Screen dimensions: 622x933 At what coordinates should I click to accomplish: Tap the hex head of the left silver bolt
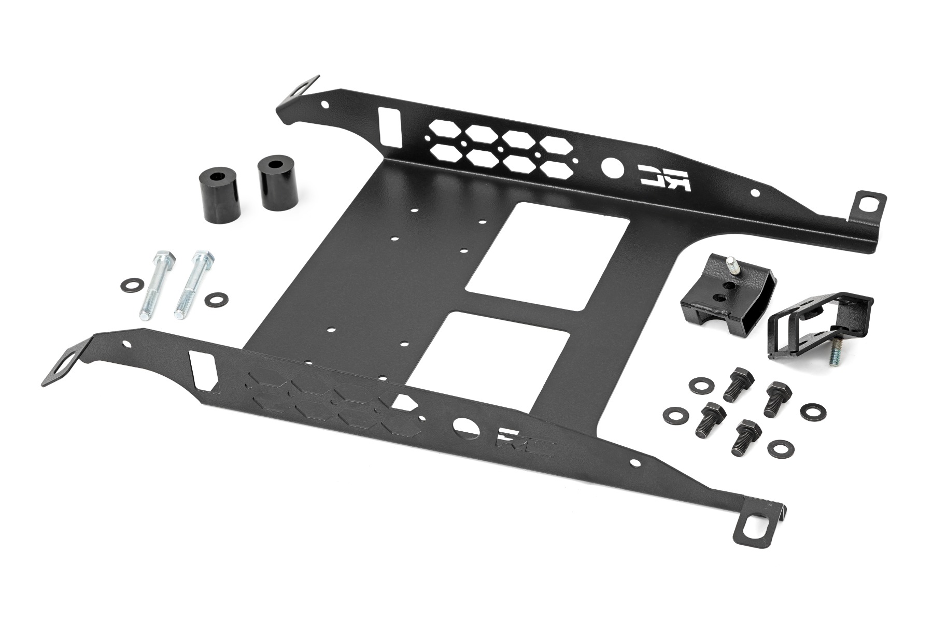[159, 259]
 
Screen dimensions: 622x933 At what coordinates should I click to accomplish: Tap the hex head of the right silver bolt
[203, 257]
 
